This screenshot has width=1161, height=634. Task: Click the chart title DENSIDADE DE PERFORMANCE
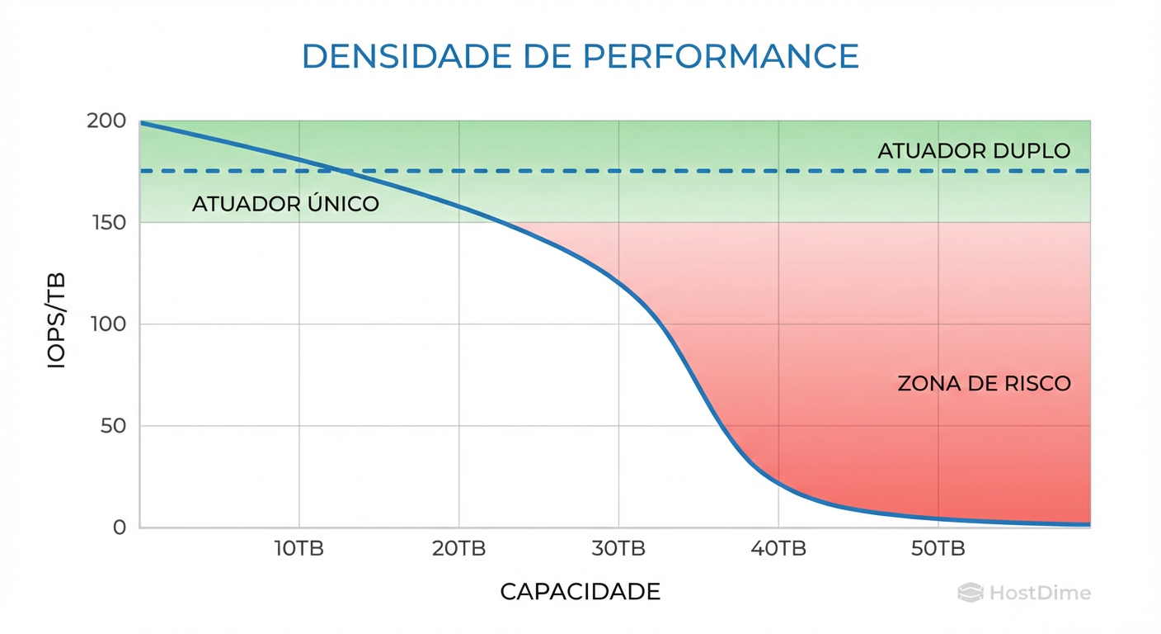[x=580, y=56]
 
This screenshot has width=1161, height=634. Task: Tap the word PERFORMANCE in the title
[x=720, y=56]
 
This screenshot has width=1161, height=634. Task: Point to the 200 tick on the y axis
[x=106, y=121]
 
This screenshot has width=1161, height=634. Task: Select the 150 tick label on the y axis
[x=107, y=223]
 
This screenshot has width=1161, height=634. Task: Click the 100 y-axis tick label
[x=107, y=324]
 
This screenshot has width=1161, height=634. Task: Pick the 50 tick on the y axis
[x=112, y=426]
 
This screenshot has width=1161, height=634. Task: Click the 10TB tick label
[x=299, y=549]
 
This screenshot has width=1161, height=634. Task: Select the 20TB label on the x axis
[x=458, y=549]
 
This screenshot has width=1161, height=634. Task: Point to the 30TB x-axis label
[x=618, y=549]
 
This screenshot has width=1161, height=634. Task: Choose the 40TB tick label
[x=778, y=549]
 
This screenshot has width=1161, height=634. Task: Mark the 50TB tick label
[x=938, y=549]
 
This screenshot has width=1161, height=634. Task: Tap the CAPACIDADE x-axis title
[x=580, y=592]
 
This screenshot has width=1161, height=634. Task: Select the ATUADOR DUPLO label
[x=974, y=151]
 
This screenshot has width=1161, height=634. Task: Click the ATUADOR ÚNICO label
[x=285, y=204]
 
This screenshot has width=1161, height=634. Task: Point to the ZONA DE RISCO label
[x=984, y=384]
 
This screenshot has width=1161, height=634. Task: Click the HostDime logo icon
[x=971, y=593]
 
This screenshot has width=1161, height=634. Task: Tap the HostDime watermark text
[x=1039, y=593]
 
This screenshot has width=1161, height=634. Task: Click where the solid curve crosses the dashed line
[x=339, y=171]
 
